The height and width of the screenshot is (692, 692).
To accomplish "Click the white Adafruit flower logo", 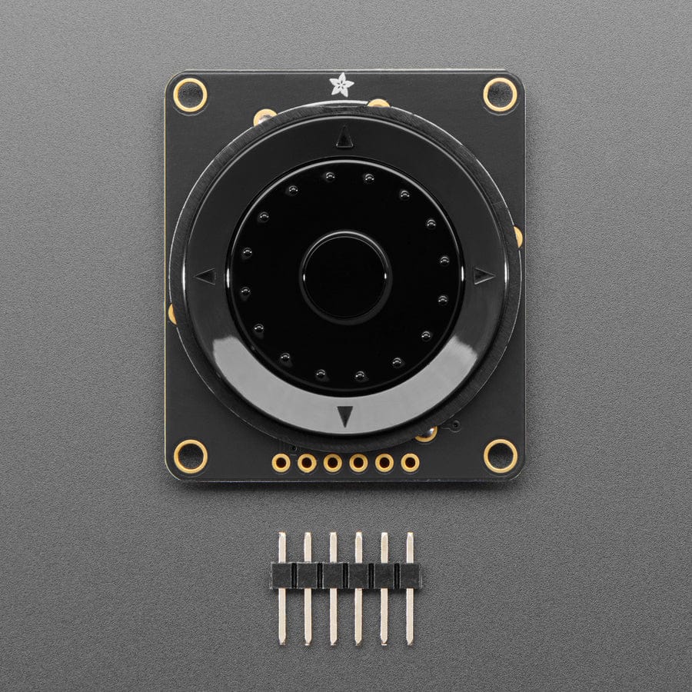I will click(x=341, y=84).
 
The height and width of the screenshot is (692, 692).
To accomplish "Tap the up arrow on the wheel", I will click(x=344, y=136).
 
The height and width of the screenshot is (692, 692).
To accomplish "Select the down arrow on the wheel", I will click(x=345, y=416).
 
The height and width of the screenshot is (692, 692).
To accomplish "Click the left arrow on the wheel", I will click(x=206, y=275).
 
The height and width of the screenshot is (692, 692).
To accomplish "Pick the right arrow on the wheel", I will click(x=483, y=275).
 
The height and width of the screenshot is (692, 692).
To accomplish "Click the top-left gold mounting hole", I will click(x=190, y=95).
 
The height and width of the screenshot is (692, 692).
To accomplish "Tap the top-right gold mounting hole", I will click(x=501, y=95).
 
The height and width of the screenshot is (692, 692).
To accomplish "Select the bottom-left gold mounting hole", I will click(x=190, y=456).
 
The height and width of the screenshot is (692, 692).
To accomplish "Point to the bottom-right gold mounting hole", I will click(x=501, y=456).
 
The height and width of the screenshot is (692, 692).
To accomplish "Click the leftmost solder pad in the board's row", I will click(x=281, y=463).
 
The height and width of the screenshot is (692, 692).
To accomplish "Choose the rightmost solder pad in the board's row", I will click(x=410, y=463).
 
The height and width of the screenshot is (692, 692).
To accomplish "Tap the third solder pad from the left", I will click(x=333, y=463).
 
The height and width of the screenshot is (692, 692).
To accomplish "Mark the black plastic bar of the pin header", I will click(x=345, y=575).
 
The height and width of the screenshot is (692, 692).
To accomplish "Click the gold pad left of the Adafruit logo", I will click(x=264, y=116).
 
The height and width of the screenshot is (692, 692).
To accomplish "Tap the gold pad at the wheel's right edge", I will click(x=518, y=236).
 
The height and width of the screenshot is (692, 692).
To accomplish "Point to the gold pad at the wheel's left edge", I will click(x=171, y=314).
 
